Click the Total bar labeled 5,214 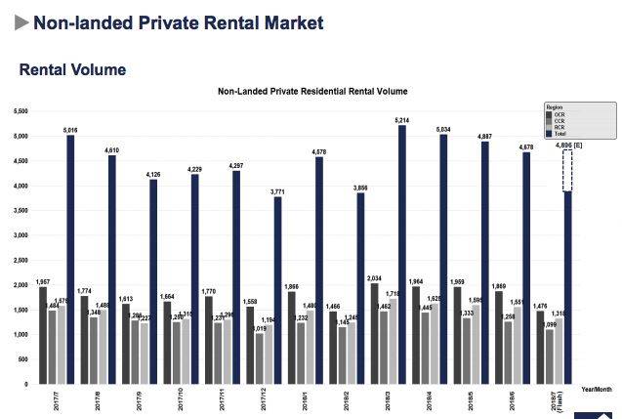401,254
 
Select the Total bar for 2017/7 70,259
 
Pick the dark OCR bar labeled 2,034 374,333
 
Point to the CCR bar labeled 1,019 258,358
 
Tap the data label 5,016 70,128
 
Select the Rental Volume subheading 72,69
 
